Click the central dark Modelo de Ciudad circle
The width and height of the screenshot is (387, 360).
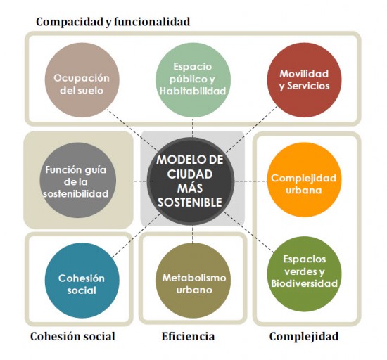pyautogui.click(x=190, y=181)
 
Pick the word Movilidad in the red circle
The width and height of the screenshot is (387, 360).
pyautogui.click(x=305, y=72)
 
